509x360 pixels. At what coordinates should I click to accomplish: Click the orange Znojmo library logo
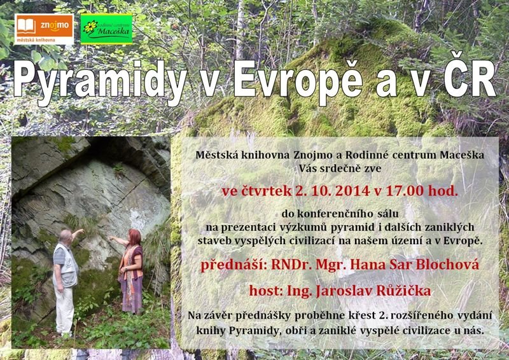pos(44,29)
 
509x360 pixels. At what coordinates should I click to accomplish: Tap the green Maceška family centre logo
pos(106,29)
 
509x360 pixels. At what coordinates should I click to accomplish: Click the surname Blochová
pos(447,265)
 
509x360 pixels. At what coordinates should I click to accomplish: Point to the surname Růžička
pos(403,291)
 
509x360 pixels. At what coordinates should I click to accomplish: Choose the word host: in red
pos(266,291)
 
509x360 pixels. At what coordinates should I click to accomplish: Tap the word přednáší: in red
pos(234,265)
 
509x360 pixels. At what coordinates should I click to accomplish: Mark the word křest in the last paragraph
pos(365,315)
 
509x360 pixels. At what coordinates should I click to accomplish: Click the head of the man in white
pos(66,237)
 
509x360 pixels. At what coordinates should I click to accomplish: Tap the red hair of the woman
pos(135,237)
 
